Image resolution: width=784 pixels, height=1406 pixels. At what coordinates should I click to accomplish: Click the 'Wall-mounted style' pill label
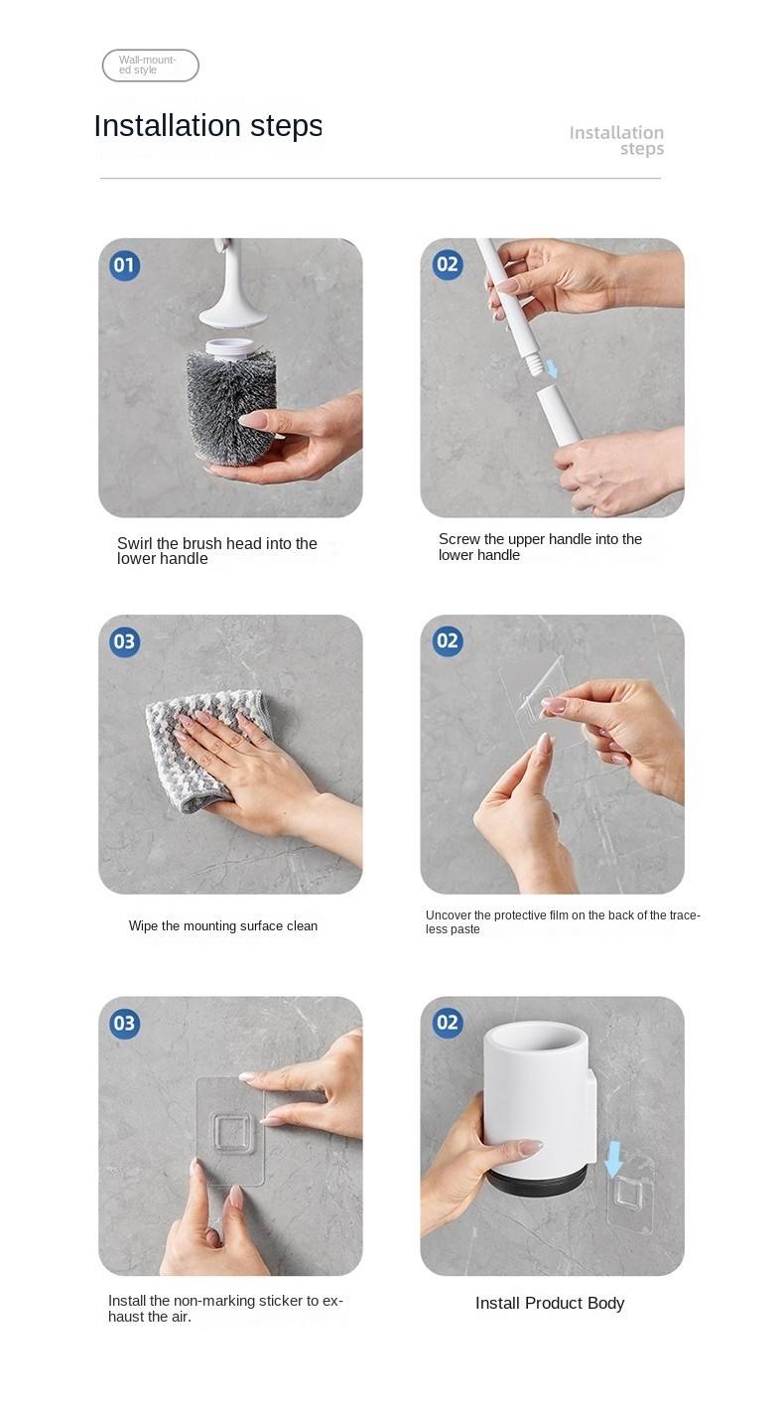pyautogui.click(x=151, y=66)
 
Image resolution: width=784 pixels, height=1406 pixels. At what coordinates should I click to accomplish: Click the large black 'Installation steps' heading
pyautogui.click(x=208, y=125)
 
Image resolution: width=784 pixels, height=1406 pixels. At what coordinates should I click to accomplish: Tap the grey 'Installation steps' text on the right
pyautogui.click(x=616, y=141)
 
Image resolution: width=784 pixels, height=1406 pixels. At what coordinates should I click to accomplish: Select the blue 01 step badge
pyautogui.click(x=124, y=265)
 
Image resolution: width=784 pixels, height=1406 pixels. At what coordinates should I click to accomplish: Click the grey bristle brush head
pyautogui.click(x=229, y=408)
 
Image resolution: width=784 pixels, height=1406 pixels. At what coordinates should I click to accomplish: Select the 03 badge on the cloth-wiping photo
pyautogui.click(x=124, y=641)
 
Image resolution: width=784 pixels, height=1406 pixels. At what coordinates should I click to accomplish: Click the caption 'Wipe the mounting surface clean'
pyautogui.click(x=223, y=925)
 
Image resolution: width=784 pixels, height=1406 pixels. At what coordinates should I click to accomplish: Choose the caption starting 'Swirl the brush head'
pyautogui.click(x=217, y=551)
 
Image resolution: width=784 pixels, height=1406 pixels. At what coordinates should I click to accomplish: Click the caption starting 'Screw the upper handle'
pyautogui.click(x=540, y=547)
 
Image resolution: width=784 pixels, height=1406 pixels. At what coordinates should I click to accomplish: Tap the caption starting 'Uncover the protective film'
pyautogui.click(x=563, y=922)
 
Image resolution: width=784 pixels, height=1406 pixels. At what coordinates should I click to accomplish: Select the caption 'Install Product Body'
pyautogui.click(x=550, y=1303)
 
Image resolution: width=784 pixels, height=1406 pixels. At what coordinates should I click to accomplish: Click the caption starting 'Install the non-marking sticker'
pyautogui.click(x=225, y=1309)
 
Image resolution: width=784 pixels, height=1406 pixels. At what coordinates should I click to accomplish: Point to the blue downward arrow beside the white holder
pyautogui.click(x=614, y=1160)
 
